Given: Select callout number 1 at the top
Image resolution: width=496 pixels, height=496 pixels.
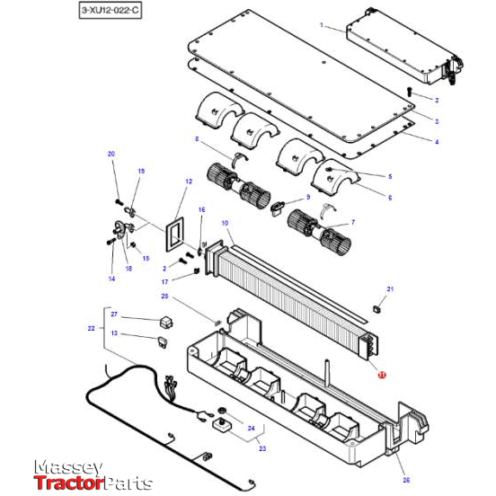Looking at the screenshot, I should (322, 26).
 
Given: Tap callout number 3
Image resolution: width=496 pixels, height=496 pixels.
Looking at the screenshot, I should (436, 121).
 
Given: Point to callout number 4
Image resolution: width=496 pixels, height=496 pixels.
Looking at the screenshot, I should (436, 141).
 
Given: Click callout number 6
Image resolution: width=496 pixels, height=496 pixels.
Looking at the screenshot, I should (389, 197).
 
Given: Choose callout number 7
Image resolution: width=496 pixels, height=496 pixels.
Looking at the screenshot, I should (351, 221).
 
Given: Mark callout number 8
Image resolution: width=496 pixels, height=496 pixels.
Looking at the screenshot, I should (196, 139).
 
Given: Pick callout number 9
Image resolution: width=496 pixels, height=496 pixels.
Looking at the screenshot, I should (307, 197).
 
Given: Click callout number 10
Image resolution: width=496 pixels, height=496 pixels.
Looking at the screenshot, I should (225, 222).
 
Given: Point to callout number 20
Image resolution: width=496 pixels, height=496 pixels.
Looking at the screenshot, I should (112, 155).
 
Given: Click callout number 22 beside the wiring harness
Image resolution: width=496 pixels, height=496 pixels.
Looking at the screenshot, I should (92, 329).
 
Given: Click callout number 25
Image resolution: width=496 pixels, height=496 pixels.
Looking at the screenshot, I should (164, 296).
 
